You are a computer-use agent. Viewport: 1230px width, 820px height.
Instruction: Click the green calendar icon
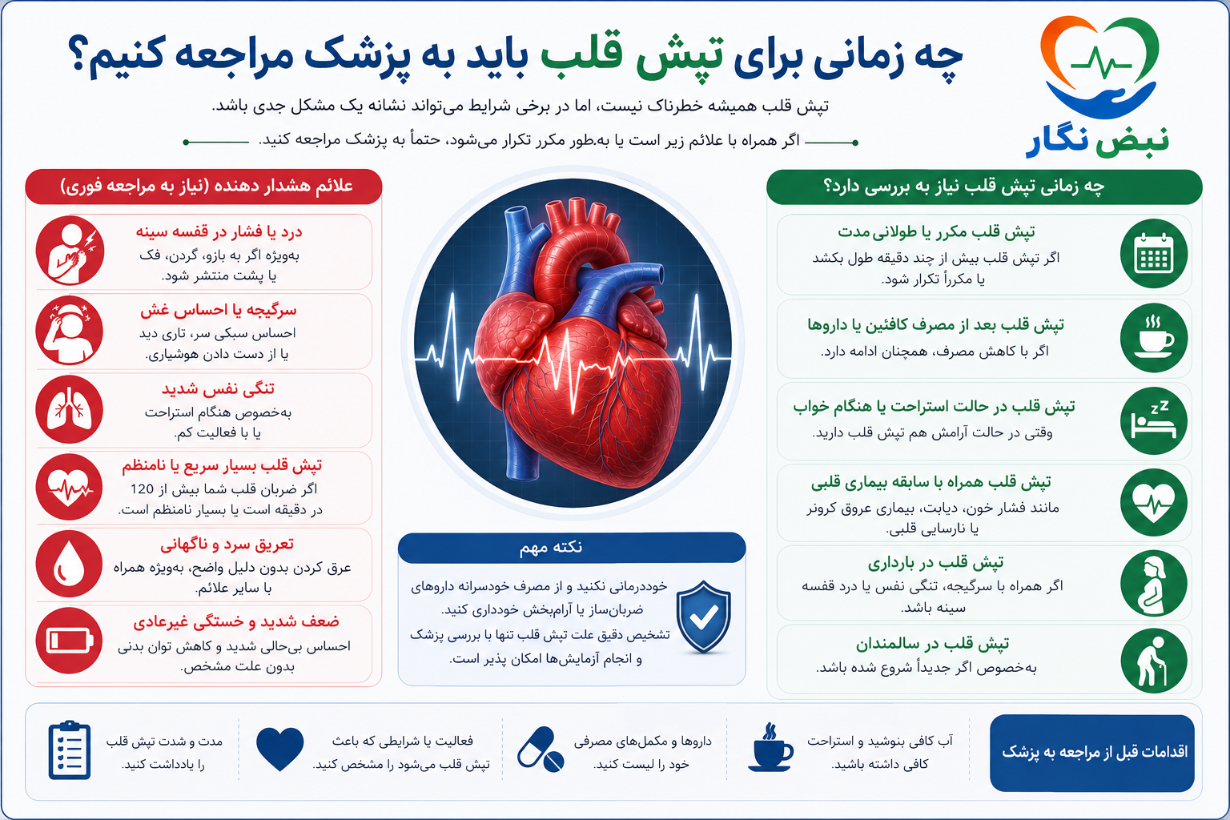click(1154, 254)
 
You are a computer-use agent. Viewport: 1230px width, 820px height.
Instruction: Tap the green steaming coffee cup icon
click(1154, 337)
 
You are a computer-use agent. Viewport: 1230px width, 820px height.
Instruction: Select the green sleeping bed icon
click(1154, 421)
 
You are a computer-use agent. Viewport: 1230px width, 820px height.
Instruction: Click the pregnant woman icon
click(1154, 584)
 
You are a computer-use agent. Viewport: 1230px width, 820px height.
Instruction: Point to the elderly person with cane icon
click(1154, 661)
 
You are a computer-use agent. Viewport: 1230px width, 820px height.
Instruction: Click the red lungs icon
click(69, 409)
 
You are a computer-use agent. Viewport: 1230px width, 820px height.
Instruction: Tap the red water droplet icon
click(69, 564)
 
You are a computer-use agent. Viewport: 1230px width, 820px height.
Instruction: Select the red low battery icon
click(69, 641)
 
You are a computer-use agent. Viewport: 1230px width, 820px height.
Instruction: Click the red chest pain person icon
click(70, 251)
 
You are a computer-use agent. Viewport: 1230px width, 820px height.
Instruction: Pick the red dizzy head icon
click(69, 331)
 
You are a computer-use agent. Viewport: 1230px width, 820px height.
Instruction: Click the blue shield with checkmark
click(703, 617)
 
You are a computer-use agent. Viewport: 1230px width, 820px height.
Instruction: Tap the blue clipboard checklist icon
click(69, 750)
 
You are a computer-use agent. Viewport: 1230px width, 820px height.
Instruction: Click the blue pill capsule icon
click(541, 750)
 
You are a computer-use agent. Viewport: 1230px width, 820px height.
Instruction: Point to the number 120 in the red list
click(142, 488)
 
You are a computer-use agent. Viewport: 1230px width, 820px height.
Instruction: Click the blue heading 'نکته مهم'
click(551, 547)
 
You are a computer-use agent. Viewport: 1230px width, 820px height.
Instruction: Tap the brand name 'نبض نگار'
click(1098, 141)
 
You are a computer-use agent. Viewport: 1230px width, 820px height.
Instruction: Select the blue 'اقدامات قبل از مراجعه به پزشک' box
click(1092, 753)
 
